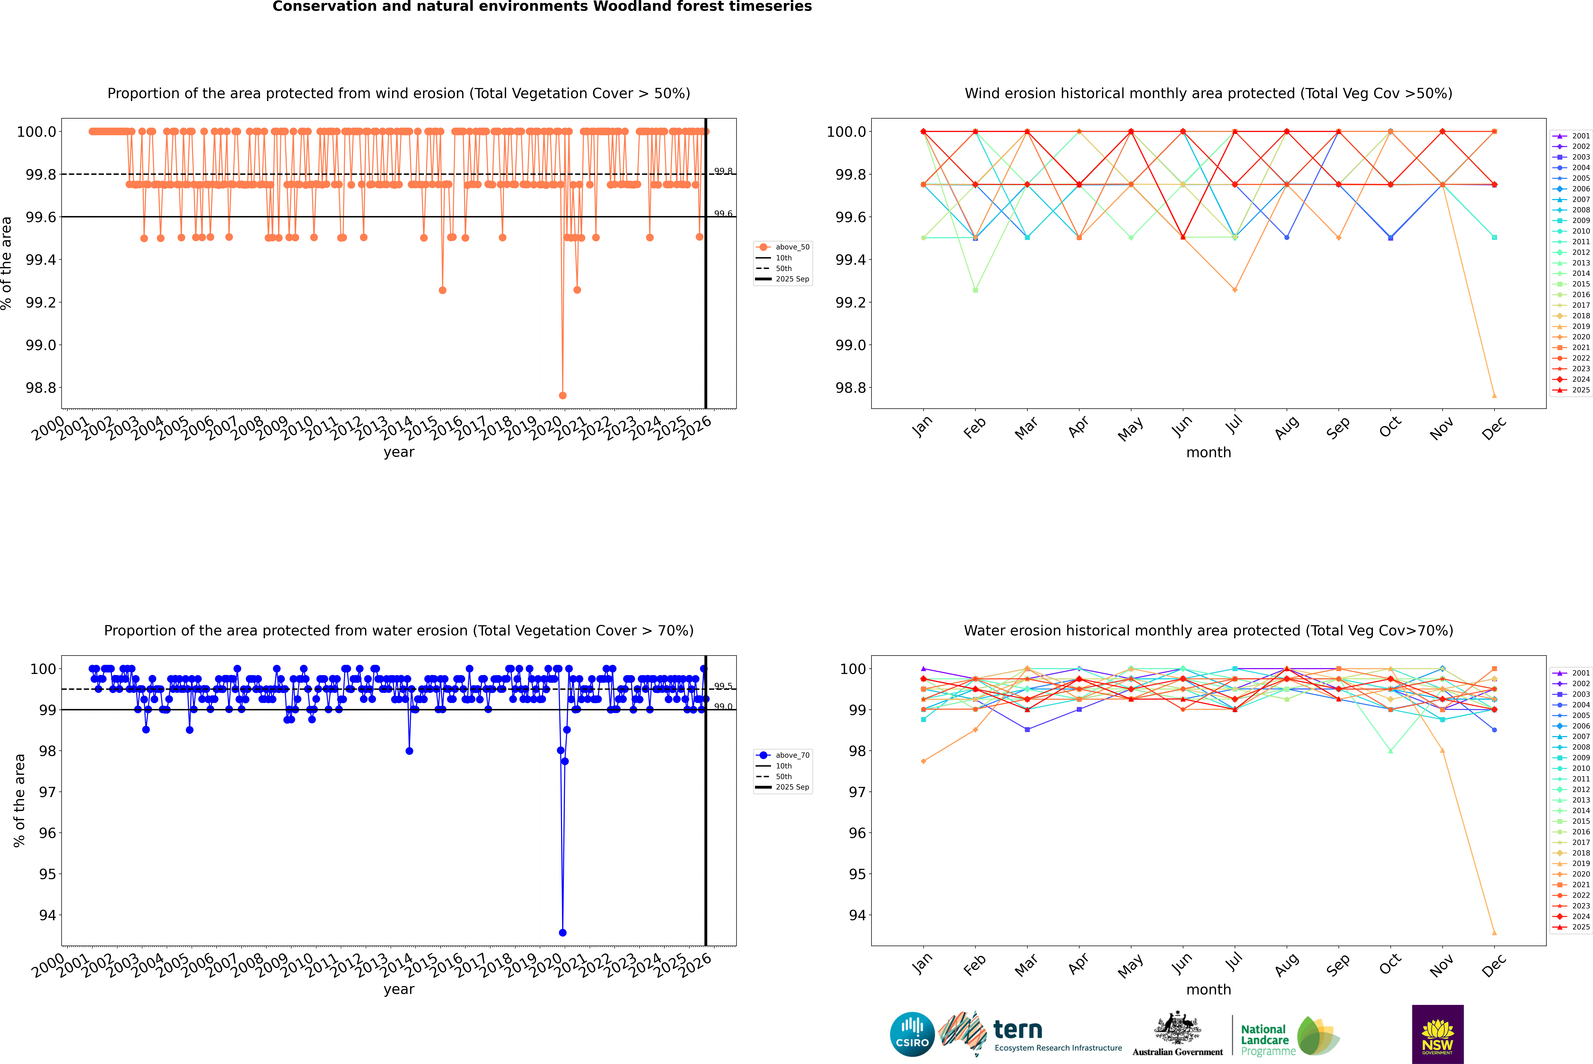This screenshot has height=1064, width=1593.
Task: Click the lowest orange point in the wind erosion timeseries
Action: [562, 396]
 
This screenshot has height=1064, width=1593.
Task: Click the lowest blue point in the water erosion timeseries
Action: [562, 932]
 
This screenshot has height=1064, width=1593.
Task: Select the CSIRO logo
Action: [912, 1034]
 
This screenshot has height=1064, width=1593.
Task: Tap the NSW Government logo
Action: [1437, 1034]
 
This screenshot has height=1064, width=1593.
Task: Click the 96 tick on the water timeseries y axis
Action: [48, 833]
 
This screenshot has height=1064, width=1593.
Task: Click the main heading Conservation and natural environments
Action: [542, 7]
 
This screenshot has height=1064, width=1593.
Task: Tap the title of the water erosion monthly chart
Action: [1208, 630]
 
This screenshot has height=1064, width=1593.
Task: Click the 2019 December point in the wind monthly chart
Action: [1494, 396]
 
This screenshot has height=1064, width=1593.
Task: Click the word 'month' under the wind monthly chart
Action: [1208, 453]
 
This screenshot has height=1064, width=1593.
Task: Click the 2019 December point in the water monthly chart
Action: [1494, 932]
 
